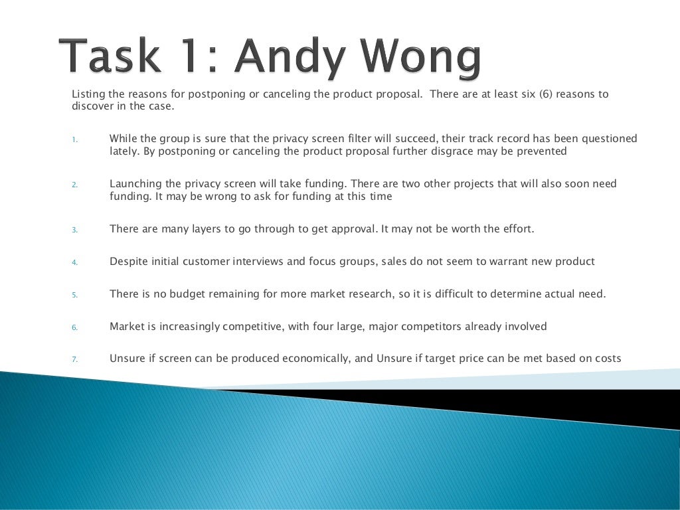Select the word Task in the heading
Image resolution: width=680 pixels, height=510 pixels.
pos(110,58)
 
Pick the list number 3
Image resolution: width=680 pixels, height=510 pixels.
pos(75,230)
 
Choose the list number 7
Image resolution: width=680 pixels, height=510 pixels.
pos(75,359)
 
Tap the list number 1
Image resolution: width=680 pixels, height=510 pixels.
pos(75,139)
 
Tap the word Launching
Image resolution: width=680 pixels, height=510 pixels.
pos(137,184)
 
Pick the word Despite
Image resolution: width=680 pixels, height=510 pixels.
pos(129,261)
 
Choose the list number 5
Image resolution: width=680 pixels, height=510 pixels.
pos(75,294)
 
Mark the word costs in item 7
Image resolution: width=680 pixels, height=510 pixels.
pos(606,359)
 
